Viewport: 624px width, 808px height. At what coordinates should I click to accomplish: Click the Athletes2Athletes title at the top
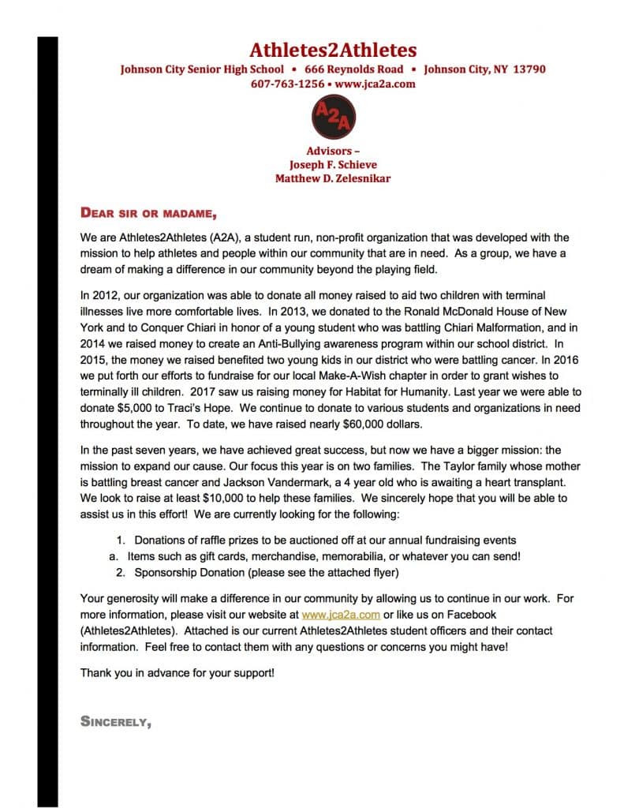(x=333, y=50)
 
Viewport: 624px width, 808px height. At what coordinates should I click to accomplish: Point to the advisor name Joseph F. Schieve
(x=333, y=164)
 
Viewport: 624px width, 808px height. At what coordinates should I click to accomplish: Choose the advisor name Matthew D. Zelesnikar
(x=333, y=178)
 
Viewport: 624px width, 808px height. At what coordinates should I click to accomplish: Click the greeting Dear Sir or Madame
(x=148, y=212)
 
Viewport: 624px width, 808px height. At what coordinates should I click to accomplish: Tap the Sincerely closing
(x=116, y=720)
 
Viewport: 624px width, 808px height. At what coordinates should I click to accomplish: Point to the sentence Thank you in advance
(x=177, y=675)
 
